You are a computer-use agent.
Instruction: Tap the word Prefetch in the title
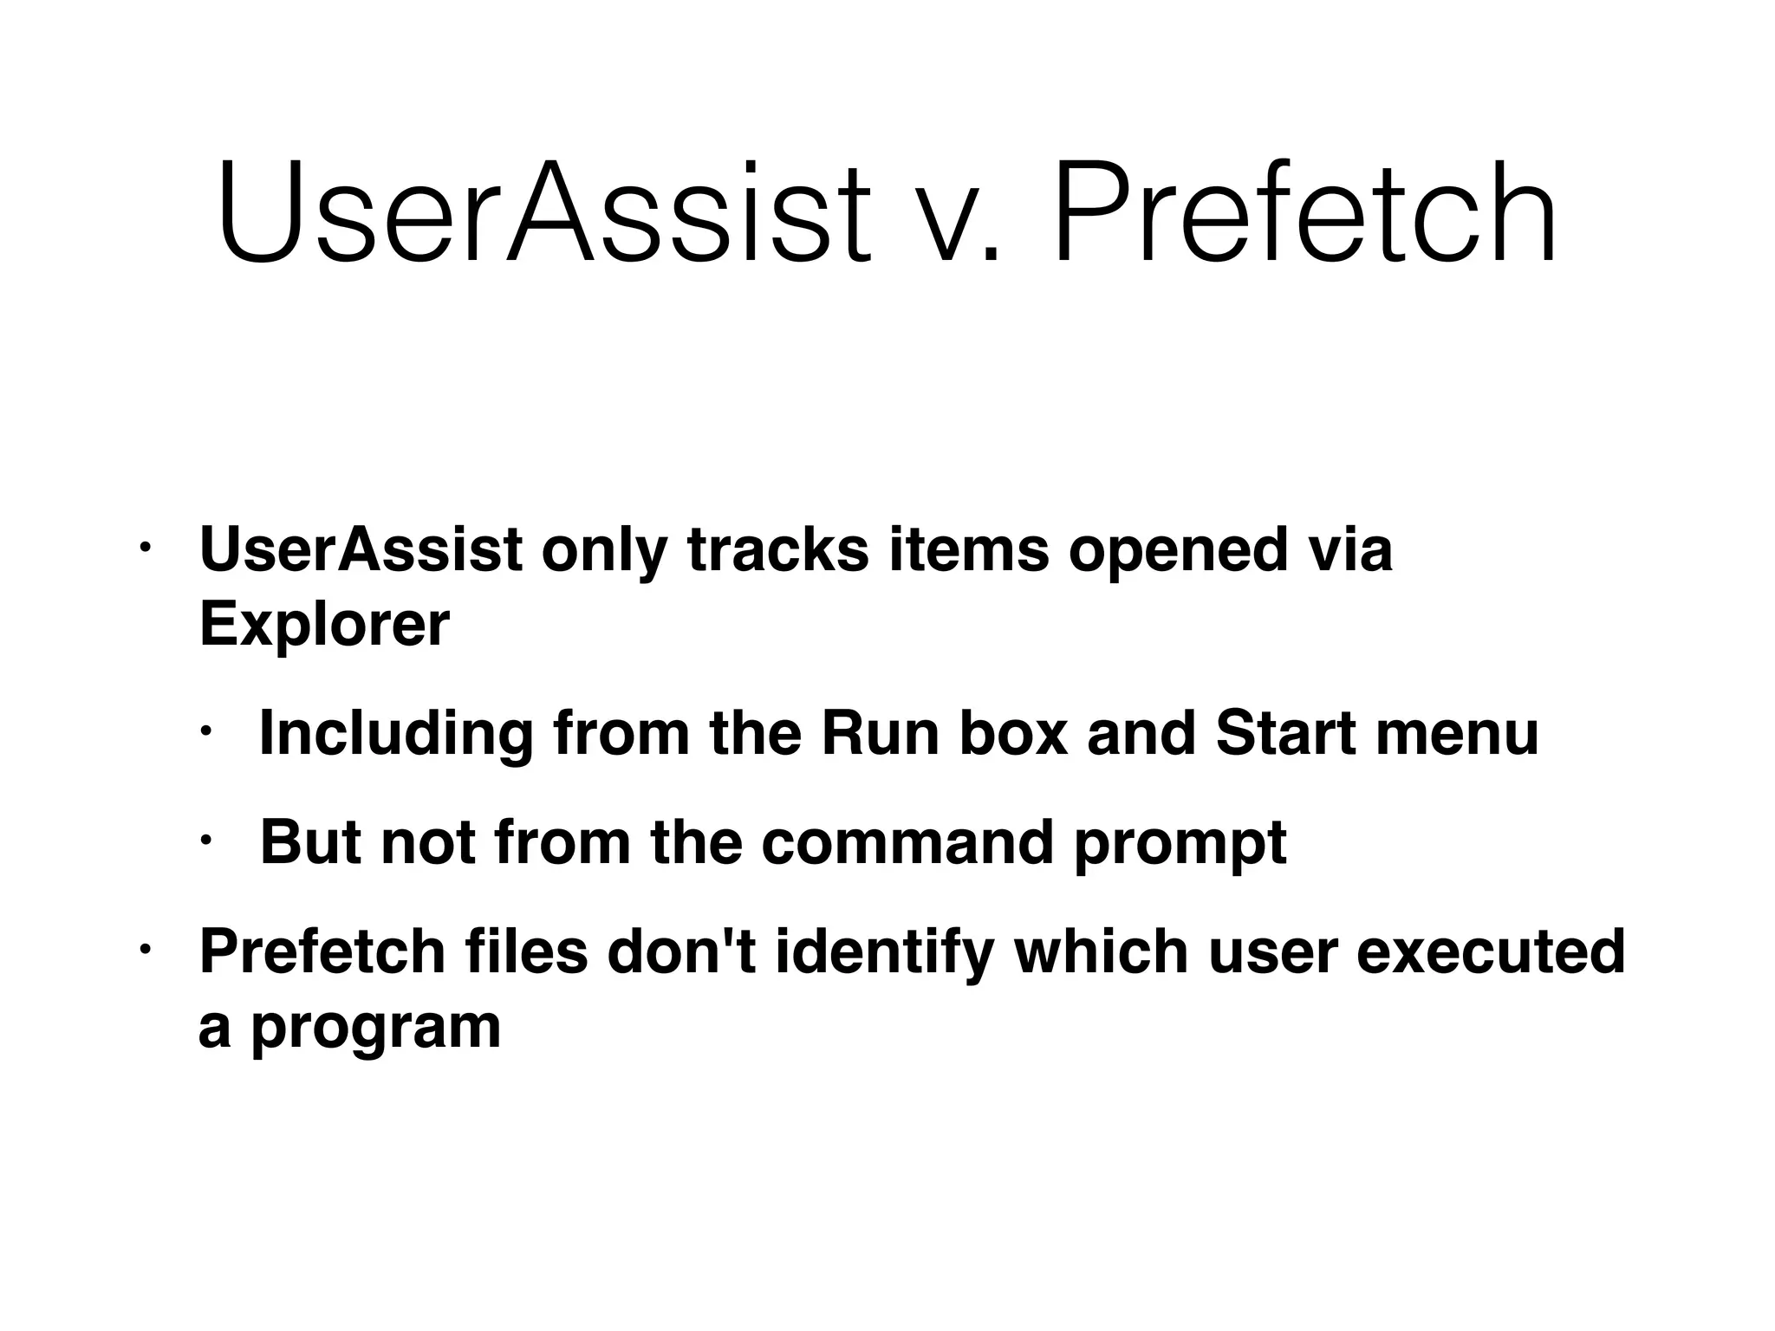pos(1304,212)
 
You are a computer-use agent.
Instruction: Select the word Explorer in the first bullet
pos(324,624)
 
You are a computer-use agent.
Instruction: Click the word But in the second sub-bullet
pos(310,842)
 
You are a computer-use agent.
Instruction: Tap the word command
pos(907,842)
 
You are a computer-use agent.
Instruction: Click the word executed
pos(1490,951)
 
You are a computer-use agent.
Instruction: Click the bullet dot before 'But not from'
pos(206,840)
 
